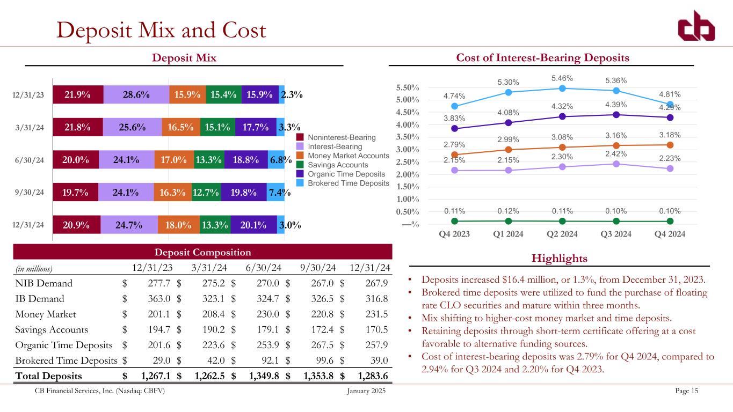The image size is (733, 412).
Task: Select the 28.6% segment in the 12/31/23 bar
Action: (136, 94)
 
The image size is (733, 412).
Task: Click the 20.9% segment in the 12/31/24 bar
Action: (76, 225)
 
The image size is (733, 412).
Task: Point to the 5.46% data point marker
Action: (562, 88)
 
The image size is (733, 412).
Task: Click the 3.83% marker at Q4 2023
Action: (455, 128)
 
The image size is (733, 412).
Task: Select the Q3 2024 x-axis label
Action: (616, 234)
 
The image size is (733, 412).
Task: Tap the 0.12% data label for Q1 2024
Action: (508, 211)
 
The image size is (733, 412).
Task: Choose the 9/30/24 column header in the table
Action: (318, 267)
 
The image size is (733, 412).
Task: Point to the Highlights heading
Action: (559, 259)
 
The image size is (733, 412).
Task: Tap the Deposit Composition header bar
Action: (203, 252)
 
